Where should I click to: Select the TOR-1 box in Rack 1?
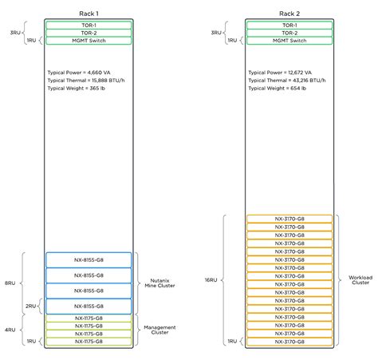click(89, 25)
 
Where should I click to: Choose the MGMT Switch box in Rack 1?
click(89, 40)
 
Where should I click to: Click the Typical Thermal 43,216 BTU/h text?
click(286, 80)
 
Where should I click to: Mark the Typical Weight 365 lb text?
click(78, 88)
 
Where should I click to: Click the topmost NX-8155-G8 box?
click(89, 259)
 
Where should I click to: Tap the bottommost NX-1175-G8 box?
click(89, 341)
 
